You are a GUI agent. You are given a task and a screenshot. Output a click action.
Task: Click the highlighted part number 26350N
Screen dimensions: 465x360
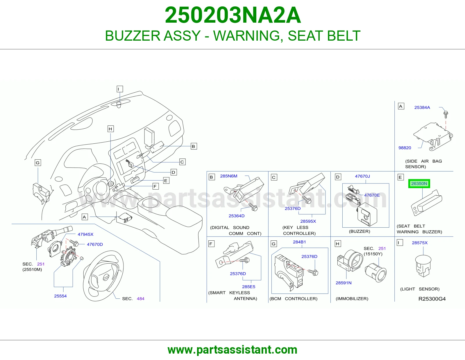pos(419,184)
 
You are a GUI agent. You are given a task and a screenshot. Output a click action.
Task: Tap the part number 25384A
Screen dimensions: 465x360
pos(422,107)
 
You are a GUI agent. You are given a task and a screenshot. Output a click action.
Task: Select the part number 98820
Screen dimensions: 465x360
pos(405,148)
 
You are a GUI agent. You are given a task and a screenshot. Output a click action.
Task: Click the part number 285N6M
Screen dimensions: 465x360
pos(228,176)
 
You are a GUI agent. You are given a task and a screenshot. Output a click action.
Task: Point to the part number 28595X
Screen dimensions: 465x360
pos(308,221)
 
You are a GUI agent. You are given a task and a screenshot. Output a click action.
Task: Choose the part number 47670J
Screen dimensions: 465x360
pos(362,176)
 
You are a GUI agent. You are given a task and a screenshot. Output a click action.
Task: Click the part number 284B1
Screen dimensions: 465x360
pos(299,242)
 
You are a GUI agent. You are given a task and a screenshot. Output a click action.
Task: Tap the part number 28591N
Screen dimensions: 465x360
pos(344,283)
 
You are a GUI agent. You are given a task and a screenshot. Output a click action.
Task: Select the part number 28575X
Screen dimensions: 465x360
pos(420,243)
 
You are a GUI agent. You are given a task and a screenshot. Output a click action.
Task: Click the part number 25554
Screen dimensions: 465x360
pos(60,296)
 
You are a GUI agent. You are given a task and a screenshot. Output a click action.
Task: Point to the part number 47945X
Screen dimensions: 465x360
pos(85,234)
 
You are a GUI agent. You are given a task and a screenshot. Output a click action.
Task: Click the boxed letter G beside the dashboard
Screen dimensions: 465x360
pos(38,163)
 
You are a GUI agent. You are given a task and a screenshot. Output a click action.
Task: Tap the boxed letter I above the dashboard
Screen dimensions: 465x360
pos(120,89)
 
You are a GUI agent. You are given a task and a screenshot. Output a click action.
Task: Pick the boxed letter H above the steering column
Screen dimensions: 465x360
pos(110,129)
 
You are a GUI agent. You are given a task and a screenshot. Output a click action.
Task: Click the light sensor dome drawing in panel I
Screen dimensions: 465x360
pos(423,266)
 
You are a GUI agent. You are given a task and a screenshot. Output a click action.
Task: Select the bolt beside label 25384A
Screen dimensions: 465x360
pos(446,114)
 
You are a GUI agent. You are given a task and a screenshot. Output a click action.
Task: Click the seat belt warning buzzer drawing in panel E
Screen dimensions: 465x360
pos(426,203)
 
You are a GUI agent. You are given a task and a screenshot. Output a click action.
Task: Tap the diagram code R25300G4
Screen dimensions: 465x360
pos(432,299)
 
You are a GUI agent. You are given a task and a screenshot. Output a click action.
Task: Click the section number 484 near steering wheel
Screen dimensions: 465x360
pos(140,299)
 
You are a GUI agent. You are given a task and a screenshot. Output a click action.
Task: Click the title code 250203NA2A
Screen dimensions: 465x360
pos(233,15)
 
